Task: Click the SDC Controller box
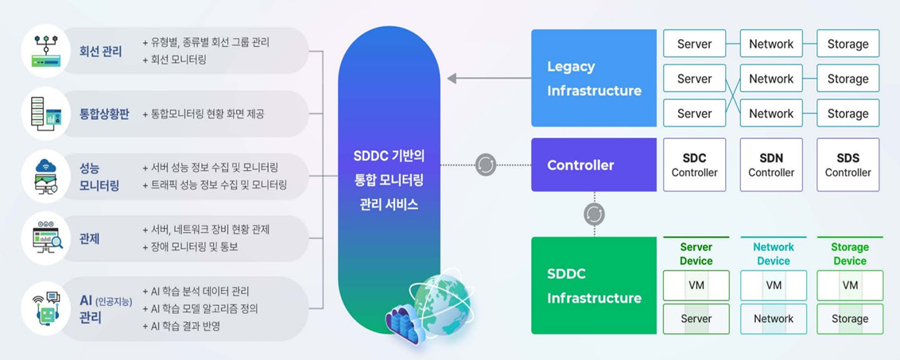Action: (x=694, y=165)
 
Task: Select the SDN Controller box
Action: (x=771, y=165)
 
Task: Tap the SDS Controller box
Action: (x=848, y=165)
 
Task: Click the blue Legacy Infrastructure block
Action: (x=594, y=79)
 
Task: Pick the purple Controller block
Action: (x=594, y=165)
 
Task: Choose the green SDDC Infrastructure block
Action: (x=594, y=285)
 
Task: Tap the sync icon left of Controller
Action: (x=486, y=165)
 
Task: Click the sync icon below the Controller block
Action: (x=594, y=214)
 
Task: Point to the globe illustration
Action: (x=442, y=303)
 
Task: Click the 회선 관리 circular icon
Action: (x=46, y=51)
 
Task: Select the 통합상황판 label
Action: (x=104, y=114)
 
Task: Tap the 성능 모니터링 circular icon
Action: (x=46, y=176)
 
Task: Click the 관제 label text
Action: (x=89, y=238)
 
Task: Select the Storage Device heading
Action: (x=849, y=254)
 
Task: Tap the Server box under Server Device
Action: (x=696, y=319)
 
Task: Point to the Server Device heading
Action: (x=696, y=254)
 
